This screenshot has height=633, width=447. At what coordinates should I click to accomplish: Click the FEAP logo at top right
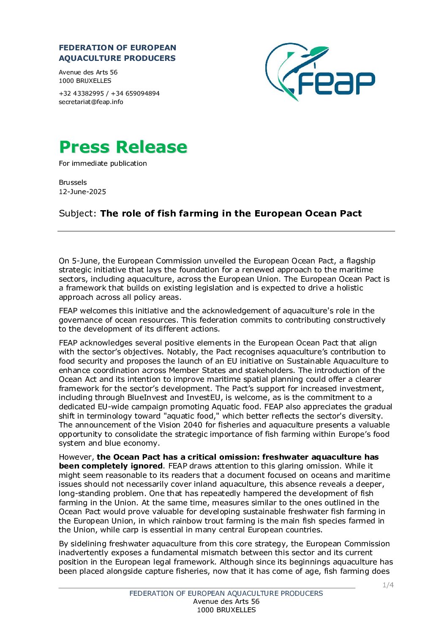[320, 71]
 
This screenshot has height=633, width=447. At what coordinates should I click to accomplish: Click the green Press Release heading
[123, 147]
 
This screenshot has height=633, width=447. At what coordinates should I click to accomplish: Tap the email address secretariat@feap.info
[91, 102]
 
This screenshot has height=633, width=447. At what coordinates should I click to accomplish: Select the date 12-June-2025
[82, 192]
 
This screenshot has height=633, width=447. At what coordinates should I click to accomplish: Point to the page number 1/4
[388, 585]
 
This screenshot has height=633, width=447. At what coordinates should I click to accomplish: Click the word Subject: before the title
[78, 214]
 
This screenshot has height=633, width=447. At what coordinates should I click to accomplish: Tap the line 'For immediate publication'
[103, 164]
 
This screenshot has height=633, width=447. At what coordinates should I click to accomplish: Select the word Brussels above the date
[73, 183]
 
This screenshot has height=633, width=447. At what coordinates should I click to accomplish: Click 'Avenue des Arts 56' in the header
[88, 72]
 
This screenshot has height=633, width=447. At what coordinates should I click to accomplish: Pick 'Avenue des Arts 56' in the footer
[226, 602]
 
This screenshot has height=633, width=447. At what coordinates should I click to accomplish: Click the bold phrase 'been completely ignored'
[111, 466]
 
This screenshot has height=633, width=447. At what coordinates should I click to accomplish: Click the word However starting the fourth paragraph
[76, 457]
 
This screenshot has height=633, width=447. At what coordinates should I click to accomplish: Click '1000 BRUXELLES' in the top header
[85, 81]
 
